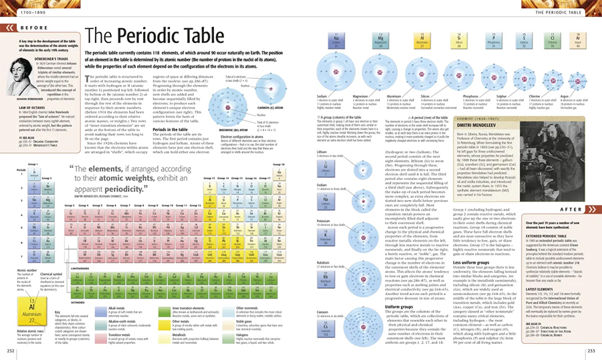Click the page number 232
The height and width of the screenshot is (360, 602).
coord(10,351)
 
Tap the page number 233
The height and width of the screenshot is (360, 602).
coord(591,351)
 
